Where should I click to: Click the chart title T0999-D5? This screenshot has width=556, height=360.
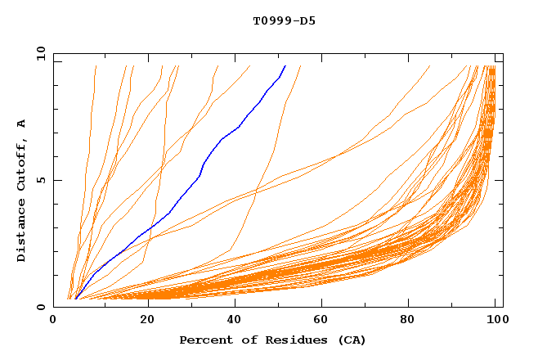[284, 20]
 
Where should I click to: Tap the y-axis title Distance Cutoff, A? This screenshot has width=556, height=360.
[21, 190]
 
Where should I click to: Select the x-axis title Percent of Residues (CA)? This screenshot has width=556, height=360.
[273, 340]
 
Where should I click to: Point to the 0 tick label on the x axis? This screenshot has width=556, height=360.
[53, 320]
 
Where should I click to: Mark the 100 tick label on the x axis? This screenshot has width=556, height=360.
[495, 320]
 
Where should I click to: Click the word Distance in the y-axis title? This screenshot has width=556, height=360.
[21, 231]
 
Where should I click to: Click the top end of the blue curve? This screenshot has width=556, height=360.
[285, 65]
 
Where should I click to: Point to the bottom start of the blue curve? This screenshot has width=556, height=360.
[75, 299]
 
